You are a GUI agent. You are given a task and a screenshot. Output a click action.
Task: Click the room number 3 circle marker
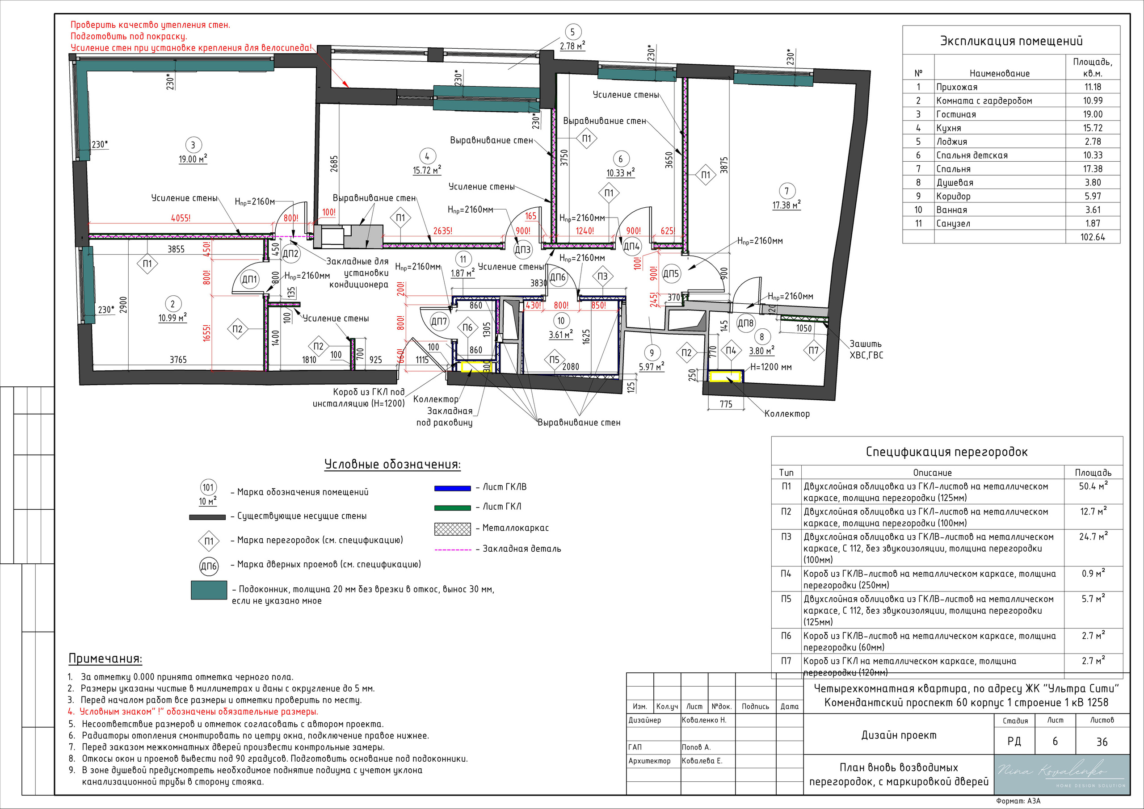(193, 146)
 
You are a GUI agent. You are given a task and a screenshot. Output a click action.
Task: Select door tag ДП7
(439, 321)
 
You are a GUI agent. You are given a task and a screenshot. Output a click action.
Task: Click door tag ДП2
(290, 254)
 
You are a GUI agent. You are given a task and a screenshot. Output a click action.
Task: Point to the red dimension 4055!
(181, 218)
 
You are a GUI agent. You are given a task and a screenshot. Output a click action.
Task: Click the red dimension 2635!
(443, 231)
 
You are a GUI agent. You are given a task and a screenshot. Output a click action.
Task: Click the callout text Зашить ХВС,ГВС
(866, 349)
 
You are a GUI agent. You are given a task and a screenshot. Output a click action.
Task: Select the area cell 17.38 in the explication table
(1093, 169)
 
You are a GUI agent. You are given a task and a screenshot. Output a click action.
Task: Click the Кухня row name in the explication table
(949, 128)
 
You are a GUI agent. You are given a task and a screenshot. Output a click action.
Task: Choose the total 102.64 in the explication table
(1093, 237)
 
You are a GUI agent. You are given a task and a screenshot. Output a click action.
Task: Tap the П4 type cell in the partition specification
(786, 574)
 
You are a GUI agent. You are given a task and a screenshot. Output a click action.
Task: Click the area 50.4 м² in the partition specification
(1093, 486)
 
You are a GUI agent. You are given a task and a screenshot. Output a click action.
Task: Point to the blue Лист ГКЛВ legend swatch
(452, 488)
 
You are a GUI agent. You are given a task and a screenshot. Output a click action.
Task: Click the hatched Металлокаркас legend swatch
(452, 528)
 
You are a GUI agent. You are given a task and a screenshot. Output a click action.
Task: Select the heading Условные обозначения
(393, 464)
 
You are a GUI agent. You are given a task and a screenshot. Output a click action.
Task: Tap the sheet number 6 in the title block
(1055, 741)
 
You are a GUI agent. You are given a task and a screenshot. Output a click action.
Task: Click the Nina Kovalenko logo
(1061, 774)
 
